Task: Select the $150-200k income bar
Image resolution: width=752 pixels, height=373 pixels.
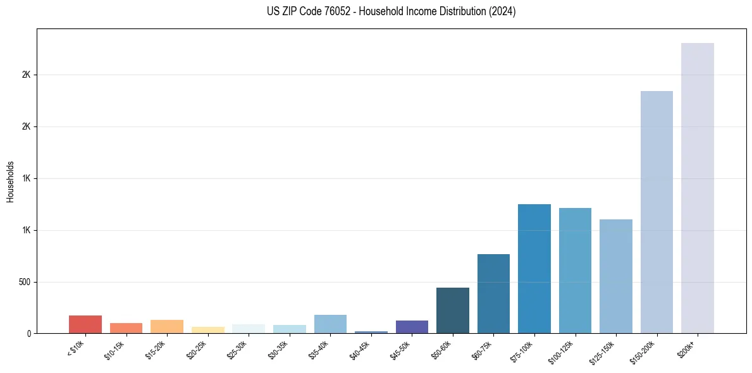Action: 656,212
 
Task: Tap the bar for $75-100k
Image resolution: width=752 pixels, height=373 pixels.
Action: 534,269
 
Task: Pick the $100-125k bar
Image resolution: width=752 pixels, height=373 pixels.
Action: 575,271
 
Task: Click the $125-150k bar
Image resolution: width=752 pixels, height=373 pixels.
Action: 615,276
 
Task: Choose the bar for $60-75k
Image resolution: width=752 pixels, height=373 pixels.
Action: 493,293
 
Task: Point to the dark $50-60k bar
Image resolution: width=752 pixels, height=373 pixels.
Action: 452,310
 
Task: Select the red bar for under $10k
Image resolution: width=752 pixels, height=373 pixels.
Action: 85,324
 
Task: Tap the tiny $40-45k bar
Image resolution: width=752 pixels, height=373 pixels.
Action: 371,332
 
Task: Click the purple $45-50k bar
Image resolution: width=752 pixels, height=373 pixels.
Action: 412,327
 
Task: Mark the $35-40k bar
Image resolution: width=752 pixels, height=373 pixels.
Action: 330,324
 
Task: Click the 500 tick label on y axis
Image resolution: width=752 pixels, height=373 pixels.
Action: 25,282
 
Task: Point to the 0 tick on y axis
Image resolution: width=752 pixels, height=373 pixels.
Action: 29,333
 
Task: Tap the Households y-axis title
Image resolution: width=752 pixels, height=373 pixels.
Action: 11,181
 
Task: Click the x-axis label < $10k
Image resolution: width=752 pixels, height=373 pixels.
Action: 75,350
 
